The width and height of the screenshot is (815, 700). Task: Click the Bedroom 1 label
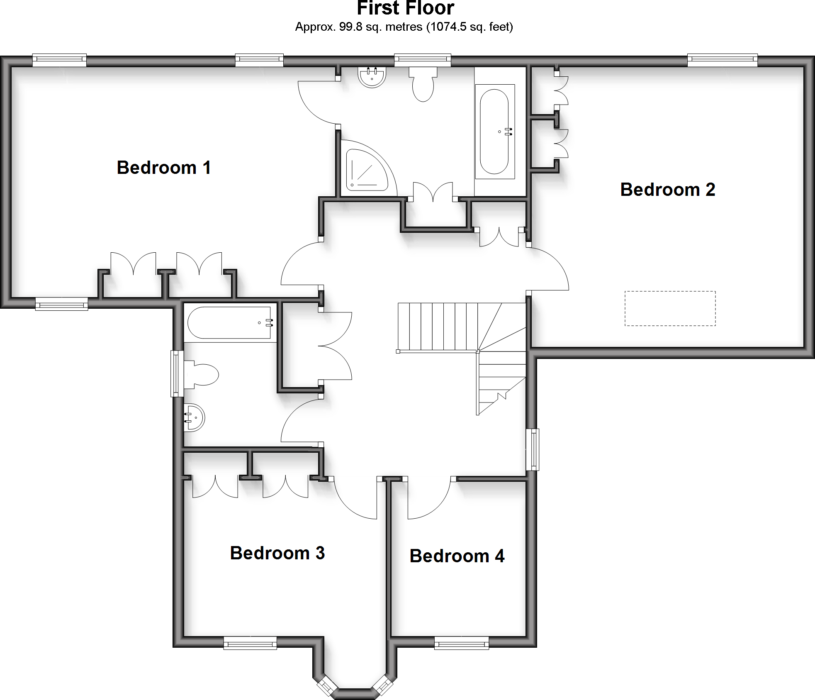coord(164,168)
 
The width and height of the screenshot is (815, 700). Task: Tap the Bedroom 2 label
coord(667,190)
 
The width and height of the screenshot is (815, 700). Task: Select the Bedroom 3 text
coord(277,553)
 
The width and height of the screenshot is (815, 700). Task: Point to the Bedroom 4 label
coord(457,556)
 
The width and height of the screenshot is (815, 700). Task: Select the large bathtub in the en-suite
coord(494,132)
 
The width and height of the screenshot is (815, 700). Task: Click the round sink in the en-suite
coord(372,77)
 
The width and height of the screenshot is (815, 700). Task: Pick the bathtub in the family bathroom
coord(230,323)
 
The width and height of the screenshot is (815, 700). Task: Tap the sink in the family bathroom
coord(194,417)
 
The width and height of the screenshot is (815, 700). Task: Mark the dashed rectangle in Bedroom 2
coord(670,308)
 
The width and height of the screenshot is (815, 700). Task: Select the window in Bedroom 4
coord(461,644)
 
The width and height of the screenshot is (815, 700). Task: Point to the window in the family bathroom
coord(177,373)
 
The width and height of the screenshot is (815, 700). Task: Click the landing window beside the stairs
coord(533,450)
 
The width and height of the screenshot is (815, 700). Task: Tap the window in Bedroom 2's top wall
coord(722,61)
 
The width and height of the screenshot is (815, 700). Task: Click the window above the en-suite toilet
coord(422,61)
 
